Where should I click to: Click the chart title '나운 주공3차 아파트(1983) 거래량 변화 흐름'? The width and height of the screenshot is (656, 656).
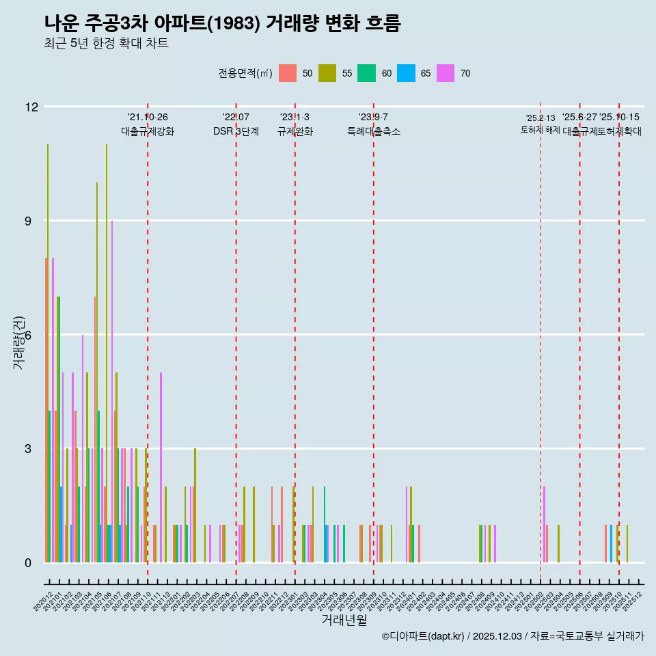click(222, 23)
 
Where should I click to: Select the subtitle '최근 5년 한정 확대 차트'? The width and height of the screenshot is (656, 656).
click(106, 44)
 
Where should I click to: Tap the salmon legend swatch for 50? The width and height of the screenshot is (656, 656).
click(288, 73)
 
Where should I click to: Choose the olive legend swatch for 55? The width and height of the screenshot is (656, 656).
click(327, 73)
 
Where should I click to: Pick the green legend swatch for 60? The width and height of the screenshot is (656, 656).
click(367, 73)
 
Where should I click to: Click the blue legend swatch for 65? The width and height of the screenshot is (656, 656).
click(407, 73)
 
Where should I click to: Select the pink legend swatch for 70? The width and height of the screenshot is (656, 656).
click(446, 73)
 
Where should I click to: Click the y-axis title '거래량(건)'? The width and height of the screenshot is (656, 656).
click(19, 342)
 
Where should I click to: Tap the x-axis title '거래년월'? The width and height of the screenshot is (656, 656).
click(344, 620)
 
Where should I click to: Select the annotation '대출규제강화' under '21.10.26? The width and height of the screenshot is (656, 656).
click(148, 131)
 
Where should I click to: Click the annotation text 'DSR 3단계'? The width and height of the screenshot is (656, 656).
click(236, 131)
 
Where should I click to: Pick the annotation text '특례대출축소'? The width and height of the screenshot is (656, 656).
click(373, 131)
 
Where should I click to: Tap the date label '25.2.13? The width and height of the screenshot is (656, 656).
click(540, 118)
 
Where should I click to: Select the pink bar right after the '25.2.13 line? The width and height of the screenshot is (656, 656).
click(544, 524)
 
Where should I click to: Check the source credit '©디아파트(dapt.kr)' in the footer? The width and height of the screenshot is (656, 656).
click(423, 636)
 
